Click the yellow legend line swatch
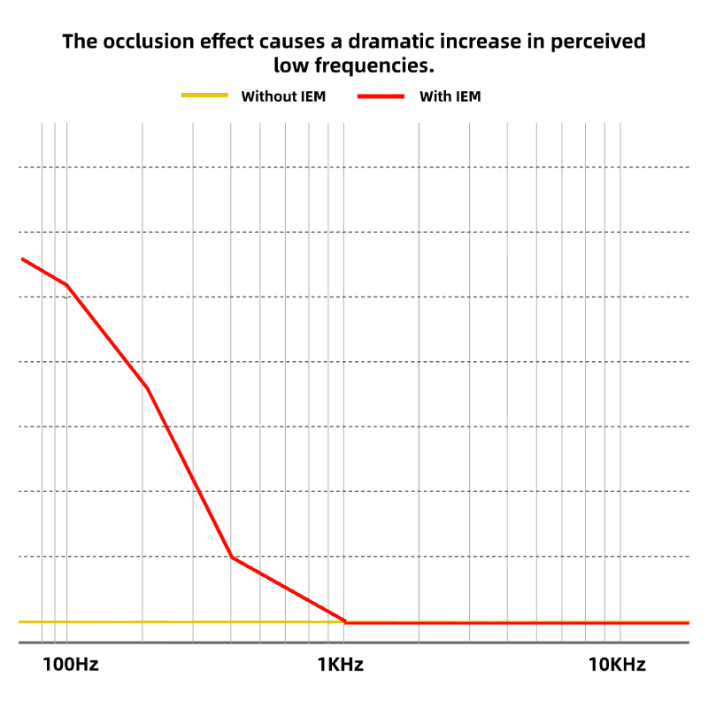point(204,96)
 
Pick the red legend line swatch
point(381,96)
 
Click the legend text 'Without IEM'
point(283,96)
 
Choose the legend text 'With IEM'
point(450,96)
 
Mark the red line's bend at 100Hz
point(66,284)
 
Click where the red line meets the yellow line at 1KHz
point(345,622)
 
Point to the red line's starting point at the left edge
point(21,258)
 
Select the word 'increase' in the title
point(478,41)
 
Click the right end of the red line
point(688,622)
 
